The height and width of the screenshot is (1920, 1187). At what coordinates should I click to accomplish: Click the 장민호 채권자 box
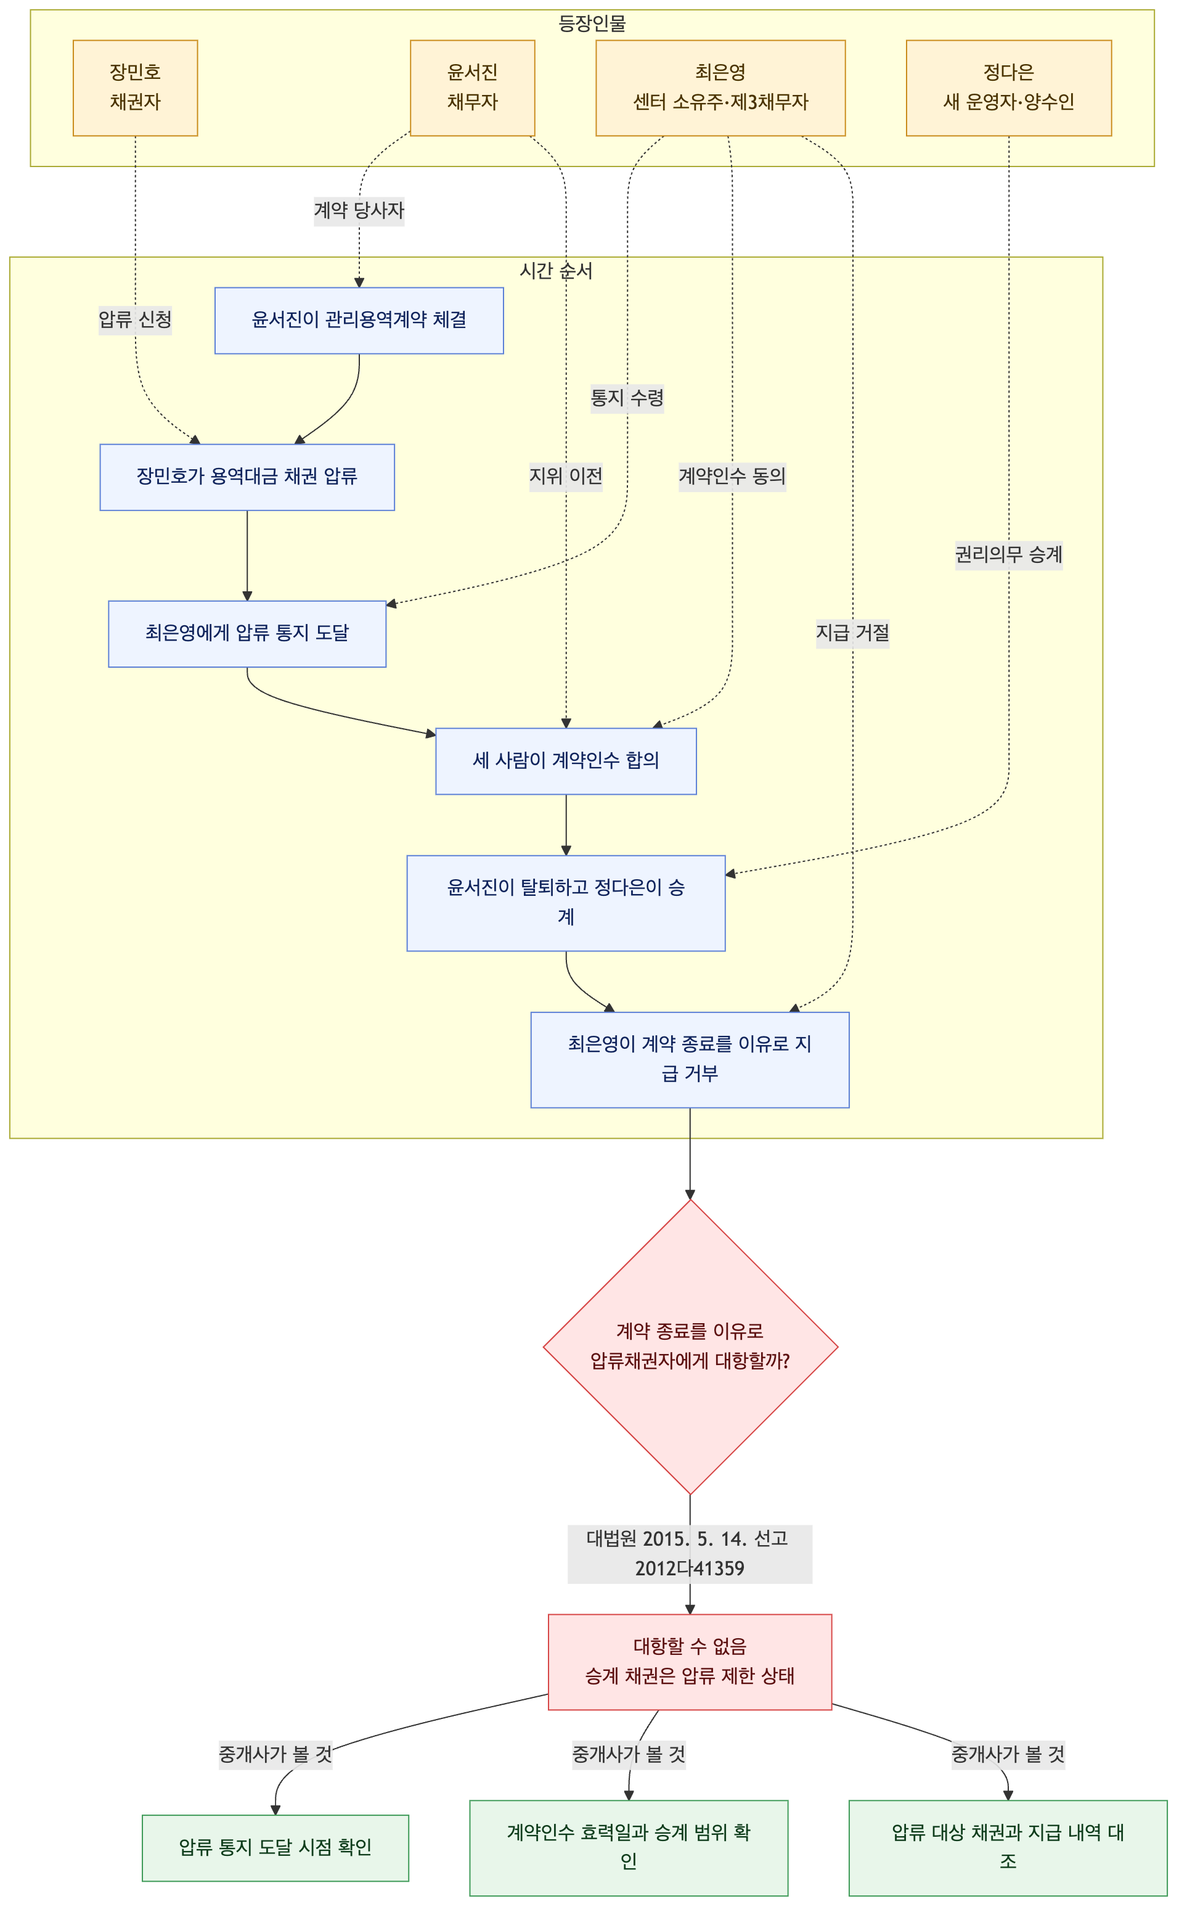[135, 88]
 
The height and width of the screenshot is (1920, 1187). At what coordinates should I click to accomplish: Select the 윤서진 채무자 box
[473, 88]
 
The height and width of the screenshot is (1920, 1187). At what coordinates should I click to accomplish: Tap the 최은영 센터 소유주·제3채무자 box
[720, 88]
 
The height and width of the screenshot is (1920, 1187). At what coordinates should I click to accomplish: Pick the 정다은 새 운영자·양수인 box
[1009, 88]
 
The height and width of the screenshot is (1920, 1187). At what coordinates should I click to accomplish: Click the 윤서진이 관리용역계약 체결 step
[359, 321]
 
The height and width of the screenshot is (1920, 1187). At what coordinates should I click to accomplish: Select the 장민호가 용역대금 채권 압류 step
[247, 477]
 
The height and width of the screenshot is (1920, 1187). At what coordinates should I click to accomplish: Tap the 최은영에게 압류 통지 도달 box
[247, 634]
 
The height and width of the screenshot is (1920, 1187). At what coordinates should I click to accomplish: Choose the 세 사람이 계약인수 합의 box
[566, 761]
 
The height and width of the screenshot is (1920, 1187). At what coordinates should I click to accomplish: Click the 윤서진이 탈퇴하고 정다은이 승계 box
[566, 903]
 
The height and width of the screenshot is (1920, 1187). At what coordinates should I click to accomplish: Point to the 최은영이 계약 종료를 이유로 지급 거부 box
[690, 1059]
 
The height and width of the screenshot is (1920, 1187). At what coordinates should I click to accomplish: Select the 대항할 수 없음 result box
[690, 1662]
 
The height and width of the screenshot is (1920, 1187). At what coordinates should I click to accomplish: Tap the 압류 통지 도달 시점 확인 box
[275, 1848]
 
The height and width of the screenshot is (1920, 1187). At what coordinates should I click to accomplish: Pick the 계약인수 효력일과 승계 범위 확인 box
[629, 1848]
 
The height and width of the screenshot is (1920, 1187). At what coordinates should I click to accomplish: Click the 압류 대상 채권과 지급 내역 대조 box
[1008, 1848]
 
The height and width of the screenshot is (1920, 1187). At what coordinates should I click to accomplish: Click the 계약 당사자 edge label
[359, 210]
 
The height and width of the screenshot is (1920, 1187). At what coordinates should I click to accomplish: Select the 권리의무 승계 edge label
[1009, 555]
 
